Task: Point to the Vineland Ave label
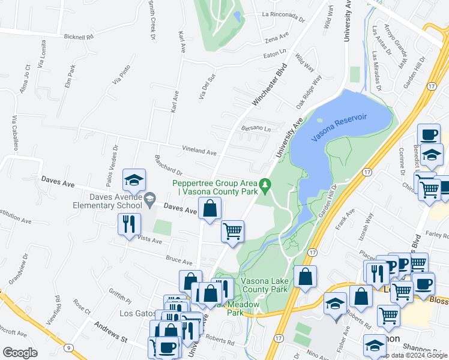[199, 152]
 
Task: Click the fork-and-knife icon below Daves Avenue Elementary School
[129, 224]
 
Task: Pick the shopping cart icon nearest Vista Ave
[232, 232]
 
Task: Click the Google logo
[20, 352]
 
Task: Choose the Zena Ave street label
[277, 41]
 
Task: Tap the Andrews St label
[111, 331]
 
